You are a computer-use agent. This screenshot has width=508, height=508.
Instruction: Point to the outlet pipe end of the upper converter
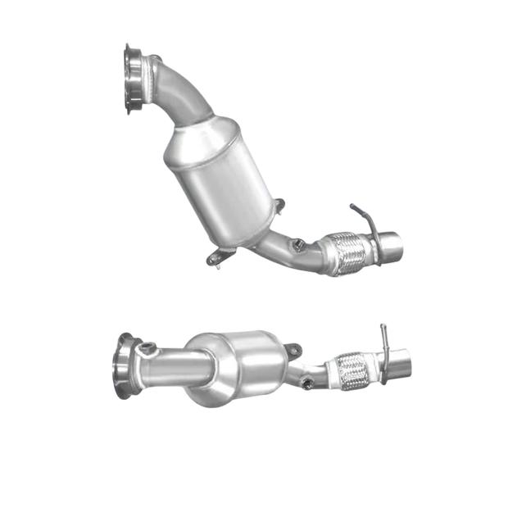(x=391, y=243)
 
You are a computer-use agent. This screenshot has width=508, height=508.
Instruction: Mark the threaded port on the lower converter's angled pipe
(x=306, y=381)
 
